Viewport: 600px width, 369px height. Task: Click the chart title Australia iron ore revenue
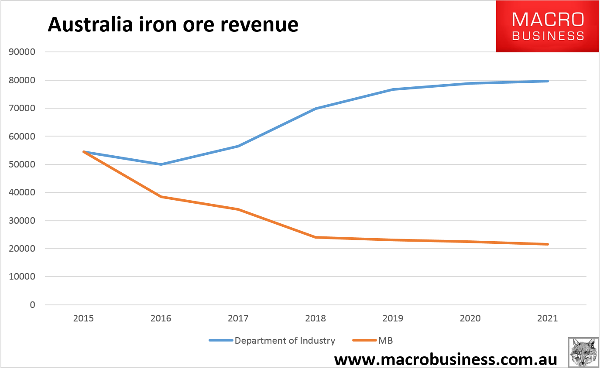(x=173, y=24)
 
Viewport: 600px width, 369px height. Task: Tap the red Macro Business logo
(x=548, y=26)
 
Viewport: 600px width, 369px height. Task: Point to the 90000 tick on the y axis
(x=21, y=52)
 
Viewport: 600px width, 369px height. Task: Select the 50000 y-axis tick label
(x=21, y=164)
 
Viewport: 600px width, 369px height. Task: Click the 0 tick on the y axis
(x=32, y=305)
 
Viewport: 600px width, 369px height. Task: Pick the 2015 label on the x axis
(x=83, y=318)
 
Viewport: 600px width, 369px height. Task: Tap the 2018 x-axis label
(x=315, y=318)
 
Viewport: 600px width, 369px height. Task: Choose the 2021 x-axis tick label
(x=548, y=318)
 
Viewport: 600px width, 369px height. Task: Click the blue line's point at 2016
(x=161, y=164)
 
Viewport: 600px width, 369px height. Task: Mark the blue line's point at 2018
(x=315, y=109)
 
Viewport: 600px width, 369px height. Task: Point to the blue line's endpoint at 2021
(x=548, y=81)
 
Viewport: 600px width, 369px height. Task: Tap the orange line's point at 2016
(x=161, y=197)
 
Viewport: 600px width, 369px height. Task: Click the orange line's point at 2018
(x=315, y=237)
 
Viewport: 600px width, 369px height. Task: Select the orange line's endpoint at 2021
(x=548, y=244)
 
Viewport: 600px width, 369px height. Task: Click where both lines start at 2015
(x=83, y=152)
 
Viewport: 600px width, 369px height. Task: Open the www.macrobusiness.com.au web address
(x=446, y=359)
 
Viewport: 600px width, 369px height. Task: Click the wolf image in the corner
(x=583, y=352)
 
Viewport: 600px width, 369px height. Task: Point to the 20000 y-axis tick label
(x=21, y=249)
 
